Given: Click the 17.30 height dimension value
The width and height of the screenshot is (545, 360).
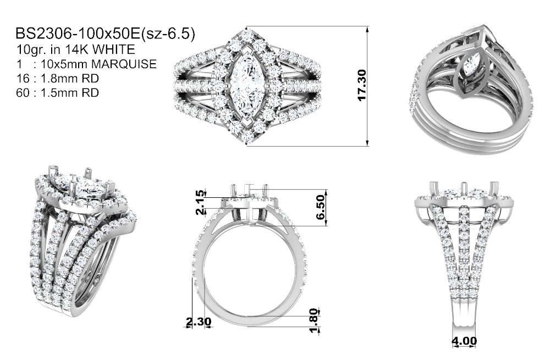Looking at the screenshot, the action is [x=362, y=85].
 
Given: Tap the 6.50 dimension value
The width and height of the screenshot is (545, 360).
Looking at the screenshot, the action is [x=320, y=207].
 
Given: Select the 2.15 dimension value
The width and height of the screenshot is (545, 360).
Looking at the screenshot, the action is [x=200, y=203].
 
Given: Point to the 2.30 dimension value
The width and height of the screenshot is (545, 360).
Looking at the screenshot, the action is [x=198, y=322].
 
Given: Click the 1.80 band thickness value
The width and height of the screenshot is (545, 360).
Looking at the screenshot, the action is [x=313, y=320].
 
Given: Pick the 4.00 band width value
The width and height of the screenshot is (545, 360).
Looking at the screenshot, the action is [x=464, y=341].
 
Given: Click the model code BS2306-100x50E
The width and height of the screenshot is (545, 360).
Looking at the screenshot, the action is [x=78, y=34].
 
